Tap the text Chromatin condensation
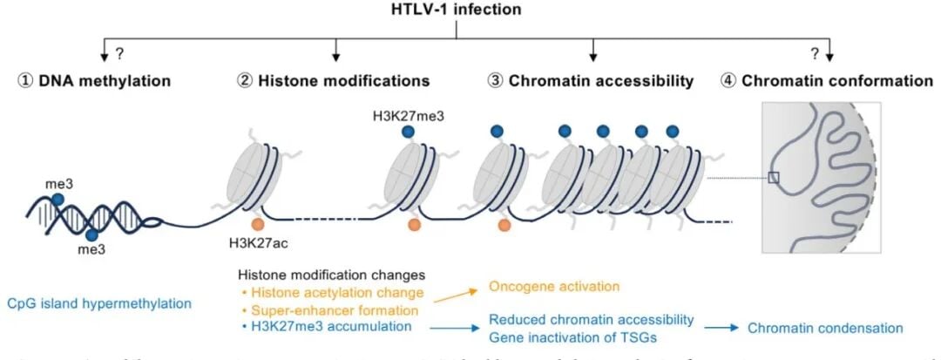[823, 329]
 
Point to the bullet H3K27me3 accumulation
[301, 327]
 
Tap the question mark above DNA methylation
[120, 53]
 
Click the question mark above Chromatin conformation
[815, 53]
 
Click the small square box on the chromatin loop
[773, 178]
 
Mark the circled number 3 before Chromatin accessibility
[494, 81]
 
